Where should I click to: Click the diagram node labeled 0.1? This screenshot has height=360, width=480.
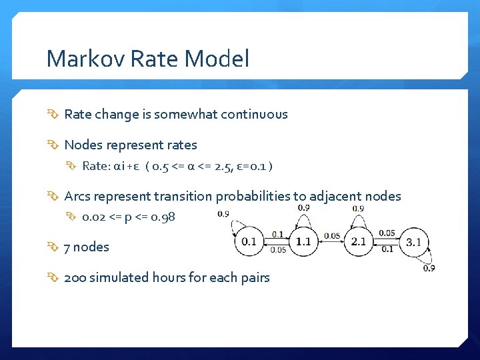coord(249,241)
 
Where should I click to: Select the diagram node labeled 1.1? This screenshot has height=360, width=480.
coord(304,241)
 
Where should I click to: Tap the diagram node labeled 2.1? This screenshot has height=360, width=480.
coord(359,241)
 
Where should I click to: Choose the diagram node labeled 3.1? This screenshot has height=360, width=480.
coord(413,241)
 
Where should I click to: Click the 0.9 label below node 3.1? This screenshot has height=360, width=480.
coord(429,268)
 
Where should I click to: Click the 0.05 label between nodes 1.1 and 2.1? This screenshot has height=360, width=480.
coord(331,235)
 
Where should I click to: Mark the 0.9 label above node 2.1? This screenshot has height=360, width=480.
coord(358,208)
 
